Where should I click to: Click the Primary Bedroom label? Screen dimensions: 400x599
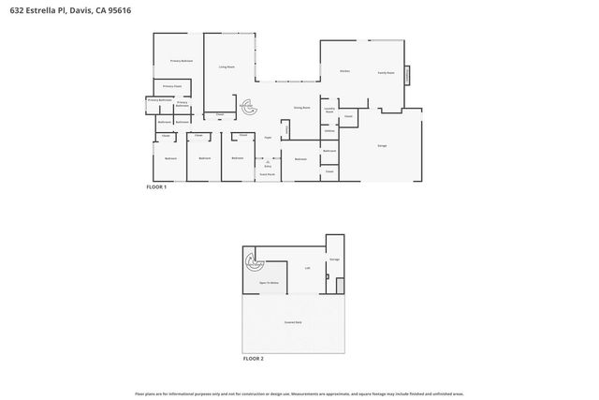181,61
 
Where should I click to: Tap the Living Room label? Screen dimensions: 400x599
226,67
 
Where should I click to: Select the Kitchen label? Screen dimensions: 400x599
344,71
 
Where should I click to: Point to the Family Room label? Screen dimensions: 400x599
386,72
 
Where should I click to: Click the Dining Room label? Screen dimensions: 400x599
301,108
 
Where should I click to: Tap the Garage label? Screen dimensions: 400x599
382,145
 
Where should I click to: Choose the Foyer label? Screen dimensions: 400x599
268,137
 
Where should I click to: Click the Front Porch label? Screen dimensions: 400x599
267,174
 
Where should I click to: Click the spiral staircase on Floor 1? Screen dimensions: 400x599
248,107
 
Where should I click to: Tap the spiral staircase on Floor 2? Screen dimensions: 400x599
252,262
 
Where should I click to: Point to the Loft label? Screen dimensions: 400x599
307,268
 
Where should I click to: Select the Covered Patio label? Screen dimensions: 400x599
293,322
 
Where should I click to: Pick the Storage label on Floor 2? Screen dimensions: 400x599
334,259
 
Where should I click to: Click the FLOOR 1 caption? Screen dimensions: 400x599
156,188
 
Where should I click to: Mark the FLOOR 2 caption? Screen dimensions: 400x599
253,359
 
